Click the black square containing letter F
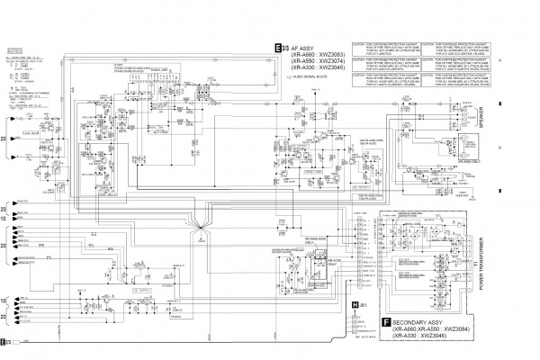point(386,322)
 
